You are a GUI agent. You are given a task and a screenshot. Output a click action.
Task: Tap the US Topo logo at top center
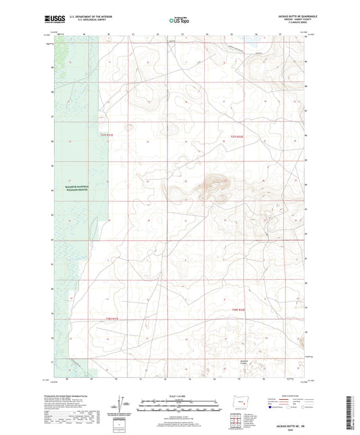click(x=179, y=20)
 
